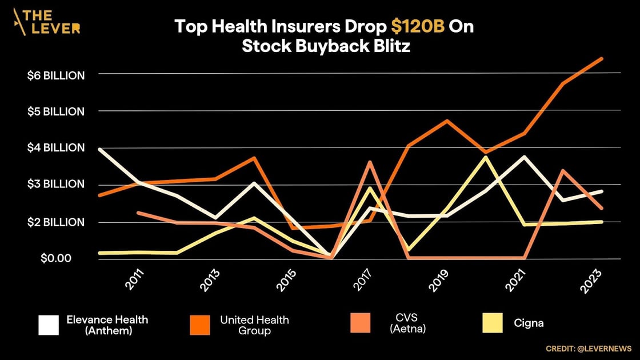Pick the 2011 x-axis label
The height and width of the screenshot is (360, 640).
(135, 279)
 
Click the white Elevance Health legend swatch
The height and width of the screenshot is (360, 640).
(49, 325)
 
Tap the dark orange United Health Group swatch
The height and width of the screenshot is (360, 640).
(201, 325)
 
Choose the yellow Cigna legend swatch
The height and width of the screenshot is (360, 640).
(491, 323)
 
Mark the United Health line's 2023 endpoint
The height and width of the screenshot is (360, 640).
(602, 58)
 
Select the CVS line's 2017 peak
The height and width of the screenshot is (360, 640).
(370, 162)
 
